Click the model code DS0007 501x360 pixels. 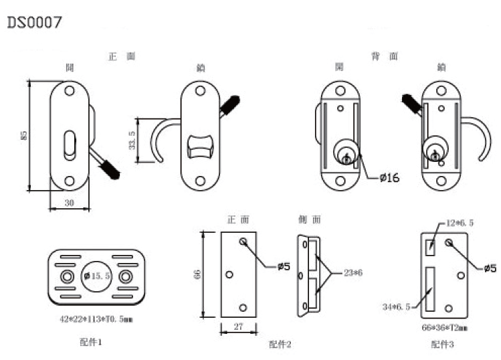click(x=35, y=22)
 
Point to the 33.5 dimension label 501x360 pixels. click(x=131, y=142)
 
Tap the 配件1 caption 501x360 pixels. click(x=90, y=342)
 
